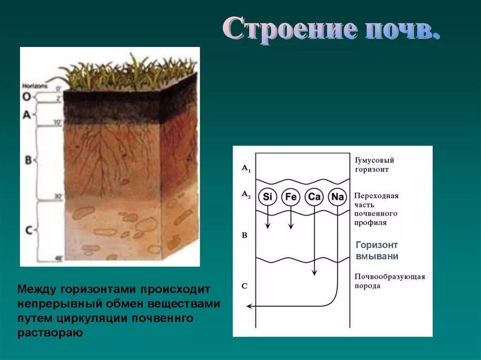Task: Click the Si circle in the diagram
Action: [x=267, y=197]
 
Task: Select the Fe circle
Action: [x=291, y=197]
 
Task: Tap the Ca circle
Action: [x=314, y=197]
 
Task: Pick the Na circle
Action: [x=338, y=197]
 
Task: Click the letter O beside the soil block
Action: [x=27, y=97]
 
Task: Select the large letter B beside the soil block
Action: [x=28, y=160]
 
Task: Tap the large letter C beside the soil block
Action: [x=29, y=230]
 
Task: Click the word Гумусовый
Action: [x=374, y=161]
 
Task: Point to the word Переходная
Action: [x=376, y=196]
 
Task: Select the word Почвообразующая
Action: [x=389, y=276]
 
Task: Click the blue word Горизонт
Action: [x=377, y=245]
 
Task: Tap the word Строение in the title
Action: [x=288, y=29]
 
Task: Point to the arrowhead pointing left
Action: [x=250, y=306]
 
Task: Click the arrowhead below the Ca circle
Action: [x=314, y=273]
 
